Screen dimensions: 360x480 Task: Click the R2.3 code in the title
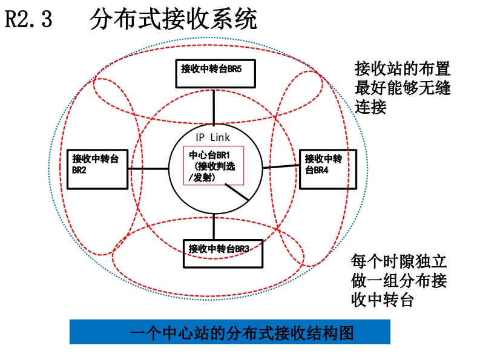29,19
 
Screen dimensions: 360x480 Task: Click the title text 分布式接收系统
173,19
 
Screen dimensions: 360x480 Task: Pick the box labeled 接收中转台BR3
223,253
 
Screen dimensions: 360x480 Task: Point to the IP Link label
212,137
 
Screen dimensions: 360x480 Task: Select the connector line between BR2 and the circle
148,169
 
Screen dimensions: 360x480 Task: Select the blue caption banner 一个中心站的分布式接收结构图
229,332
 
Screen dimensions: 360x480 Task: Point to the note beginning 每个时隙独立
399,281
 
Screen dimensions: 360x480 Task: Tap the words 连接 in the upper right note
371,107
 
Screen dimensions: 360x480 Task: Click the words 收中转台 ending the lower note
382,300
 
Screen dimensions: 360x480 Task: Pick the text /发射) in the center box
202,177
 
